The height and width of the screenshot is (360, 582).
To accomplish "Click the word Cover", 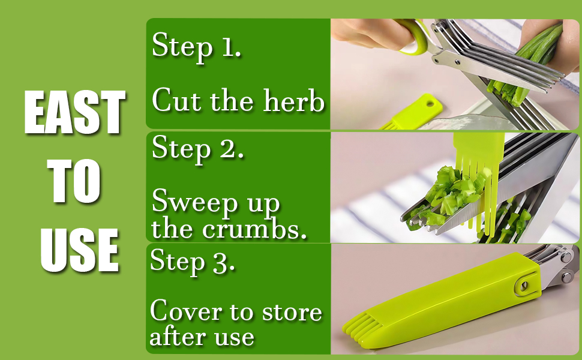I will pyautogui.click(x=183, y=311).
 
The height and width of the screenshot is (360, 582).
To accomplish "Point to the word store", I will pyautogui.click(x=290, y=312).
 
